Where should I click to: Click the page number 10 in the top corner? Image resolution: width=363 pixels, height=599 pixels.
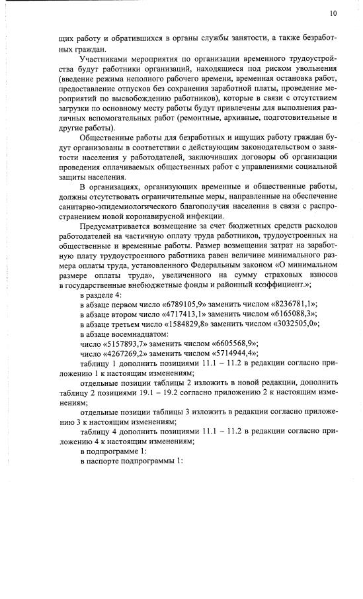coord(333,13)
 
